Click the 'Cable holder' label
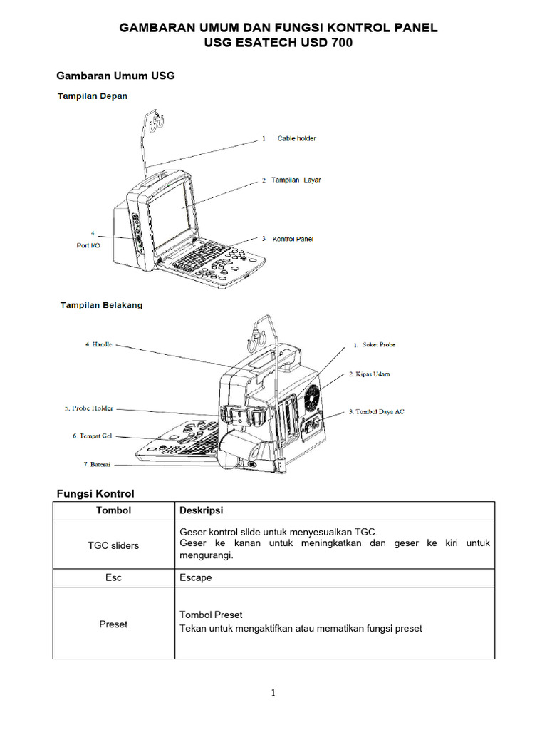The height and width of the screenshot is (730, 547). pyautogui.click(x=296, y=138)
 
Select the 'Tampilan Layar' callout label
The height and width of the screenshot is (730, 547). pyautogui.click(x=296, y=180)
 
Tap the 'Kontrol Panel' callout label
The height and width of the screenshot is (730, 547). pyautogui.click(x=293, y=239)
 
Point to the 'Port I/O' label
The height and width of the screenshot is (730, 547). pyautogui.click(x=88, y=245)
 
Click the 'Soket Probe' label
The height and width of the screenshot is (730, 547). pyautogui.click(x=378, y=345)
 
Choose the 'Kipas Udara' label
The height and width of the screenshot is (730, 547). pyautogui.click(x=373, y=374)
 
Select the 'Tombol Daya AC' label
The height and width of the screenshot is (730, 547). pyautogui.click(x=380, y=412)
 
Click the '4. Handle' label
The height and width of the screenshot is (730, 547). pyautogui.click(x=98, y=344)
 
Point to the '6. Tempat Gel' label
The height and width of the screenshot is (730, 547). pyautogui.click(x=92, y=436)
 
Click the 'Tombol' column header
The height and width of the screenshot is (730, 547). pyautogui.click(x=113, y=510)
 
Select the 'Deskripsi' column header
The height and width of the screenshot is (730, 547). pyautogui.click(x=202, y=510)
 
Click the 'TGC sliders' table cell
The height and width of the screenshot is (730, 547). pyautogui.click(x=113, y=545)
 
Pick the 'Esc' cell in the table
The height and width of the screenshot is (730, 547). pyautogui.click(x=113, y=577)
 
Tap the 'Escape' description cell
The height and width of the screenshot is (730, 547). pyautogui.click(x=196, y=577)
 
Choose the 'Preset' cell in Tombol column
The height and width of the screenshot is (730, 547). pyautogui.click(x=113, y=624)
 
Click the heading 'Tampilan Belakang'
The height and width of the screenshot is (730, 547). pyautogui.click(x=100, y=305)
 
